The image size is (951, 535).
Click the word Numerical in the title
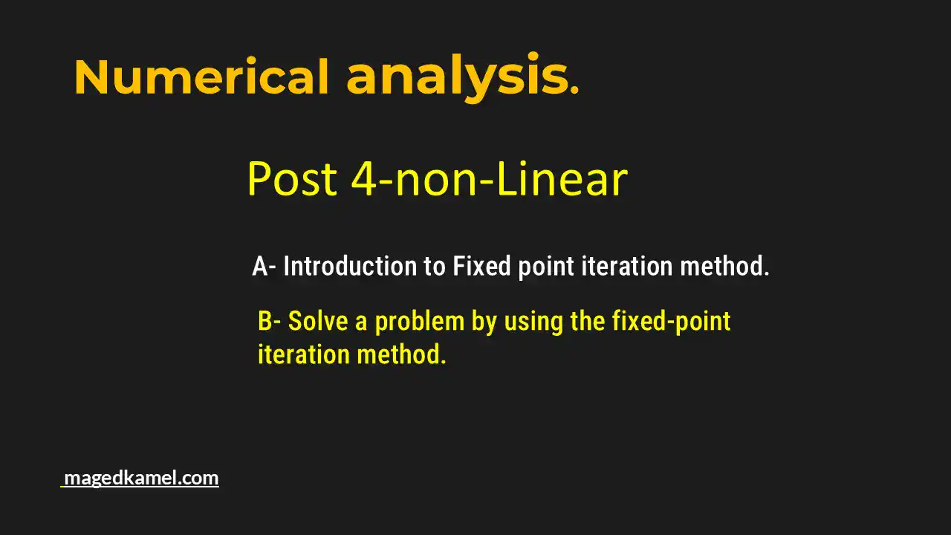coord(201,77)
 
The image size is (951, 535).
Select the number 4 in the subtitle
coord(364,179)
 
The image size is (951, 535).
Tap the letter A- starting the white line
coord(264,266)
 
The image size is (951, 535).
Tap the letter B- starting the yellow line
coord(269,322)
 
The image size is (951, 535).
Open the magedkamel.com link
coord(141,478)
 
